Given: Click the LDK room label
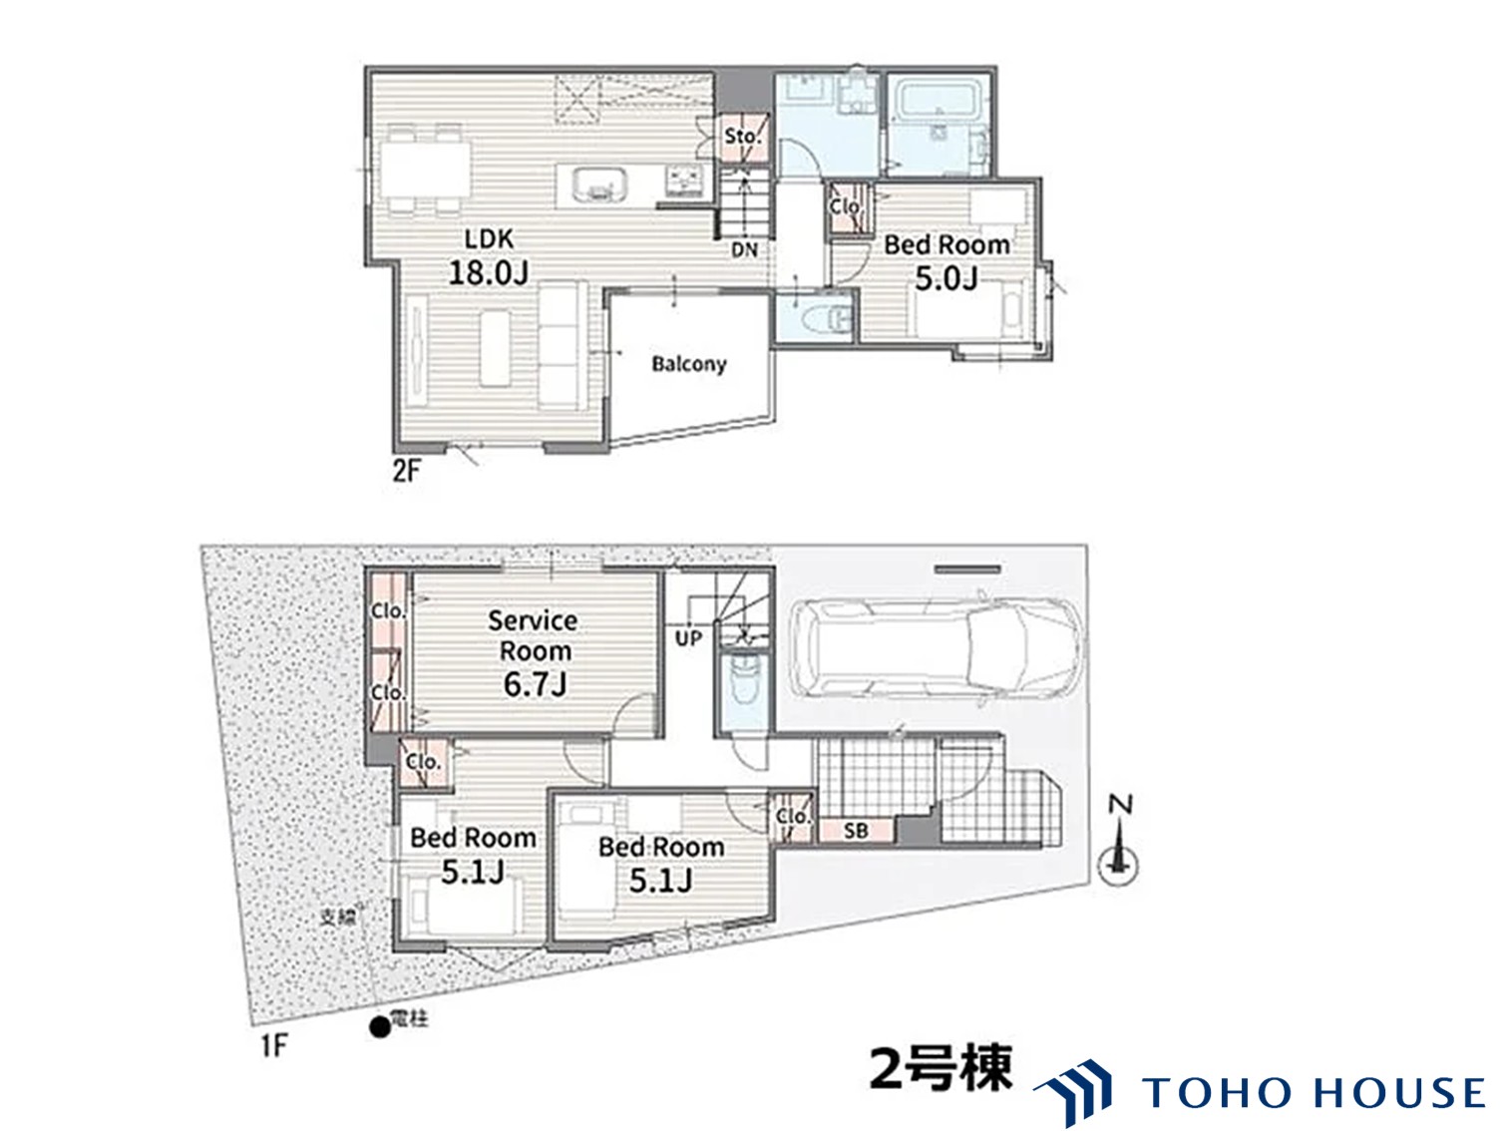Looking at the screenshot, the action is (489, 239).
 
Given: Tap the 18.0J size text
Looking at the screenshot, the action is (489, 272).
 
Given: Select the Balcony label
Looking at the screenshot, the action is (688, 364).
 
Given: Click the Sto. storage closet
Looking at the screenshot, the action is (743, 138).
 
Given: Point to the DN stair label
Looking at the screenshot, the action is (744, 250).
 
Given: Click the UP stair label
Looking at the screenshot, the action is (688, 638).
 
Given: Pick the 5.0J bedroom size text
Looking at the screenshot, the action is (946, 279).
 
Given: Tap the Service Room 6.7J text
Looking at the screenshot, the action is (534, 653).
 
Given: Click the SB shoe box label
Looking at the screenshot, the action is (856, 831).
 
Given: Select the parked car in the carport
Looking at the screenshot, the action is (936, 649).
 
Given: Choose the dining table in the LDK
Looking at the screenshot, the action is (425, 169).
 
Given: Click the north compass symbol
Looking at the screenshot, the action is (1118, 841).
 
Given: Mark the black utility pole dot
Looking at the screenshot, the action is (380, 1027).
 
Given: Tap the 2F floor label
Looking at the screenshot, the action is (406, 471).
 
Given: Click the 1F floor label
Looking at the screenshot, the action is (272, 1046).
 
